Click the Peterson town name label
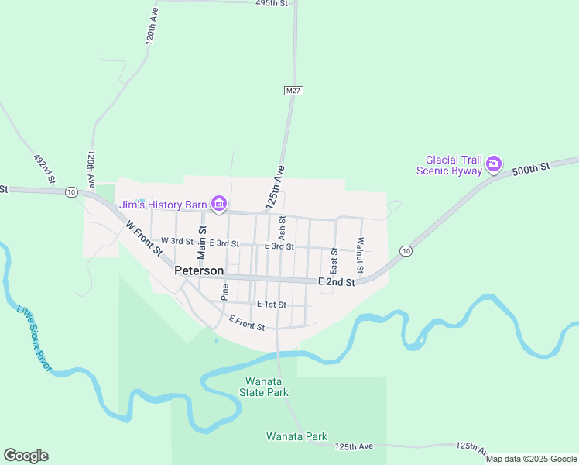pos(199,270)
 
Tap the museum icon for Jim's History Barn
pos(219,205)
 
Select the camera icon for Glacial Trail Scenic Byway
pos(494,164)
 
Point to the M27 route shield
pos(293,91)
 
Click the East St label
pos(334,261)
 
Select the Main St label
pos(202,242)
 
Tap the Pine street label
pos(224,291)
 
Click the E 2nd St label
pos(337,283)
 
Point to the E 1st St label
pos(271,305)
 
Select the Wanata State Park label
pos(267,387)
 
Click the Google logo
pos(26,456)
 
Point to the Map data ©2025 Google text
pos(530,459)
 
